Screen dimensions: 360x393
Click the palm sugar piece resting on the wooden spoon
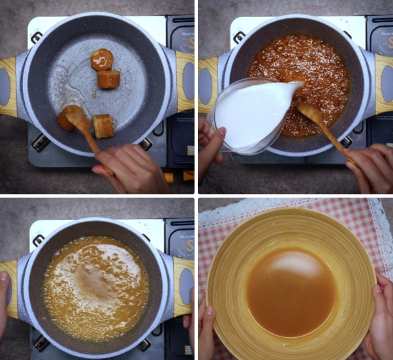point(67,119)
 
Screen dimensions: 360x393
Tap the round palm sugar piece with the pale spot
point(102,59)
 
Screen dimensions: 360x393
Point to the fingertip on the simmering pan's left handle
point(5,278)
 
